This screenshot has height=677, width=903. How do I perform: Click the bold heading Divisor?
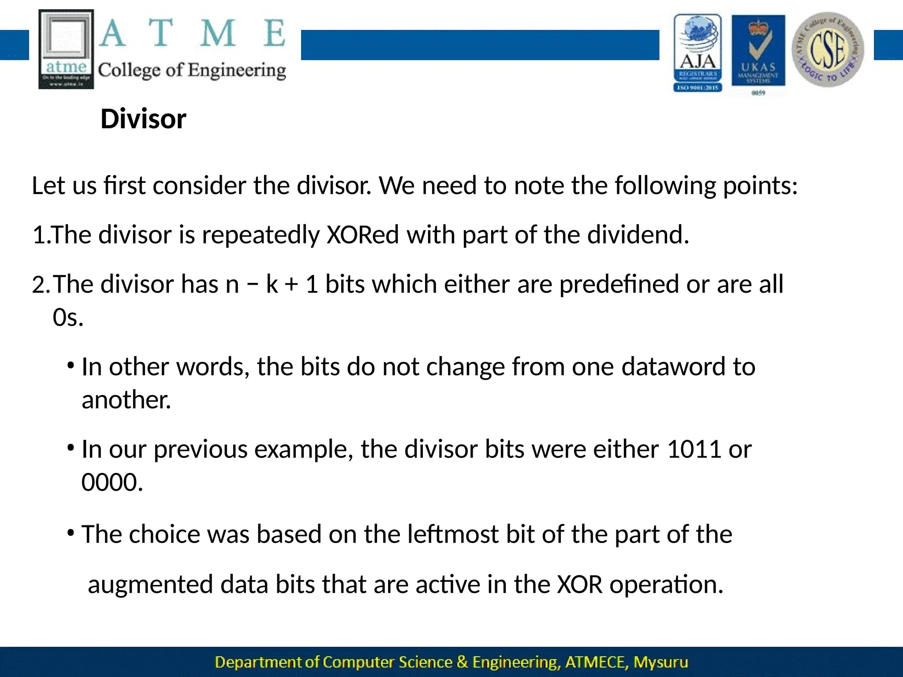143,119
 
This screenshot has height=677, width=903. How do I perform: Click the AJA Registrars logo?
698,53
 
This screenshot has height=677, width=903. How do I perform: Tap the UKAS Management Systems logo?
758,53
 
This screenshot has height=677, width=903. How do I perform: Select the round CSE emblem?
828,49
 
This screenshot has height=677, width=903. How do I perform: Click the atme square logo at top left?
66,49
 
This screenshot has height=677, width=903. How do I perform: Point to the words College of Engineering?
192,71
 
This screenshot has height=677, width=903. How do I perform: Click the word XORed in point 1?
362,234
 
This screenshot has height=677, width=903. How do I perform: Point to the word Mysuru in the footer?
660,662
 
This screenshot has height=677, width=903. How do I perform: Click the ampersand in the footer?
462,662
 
